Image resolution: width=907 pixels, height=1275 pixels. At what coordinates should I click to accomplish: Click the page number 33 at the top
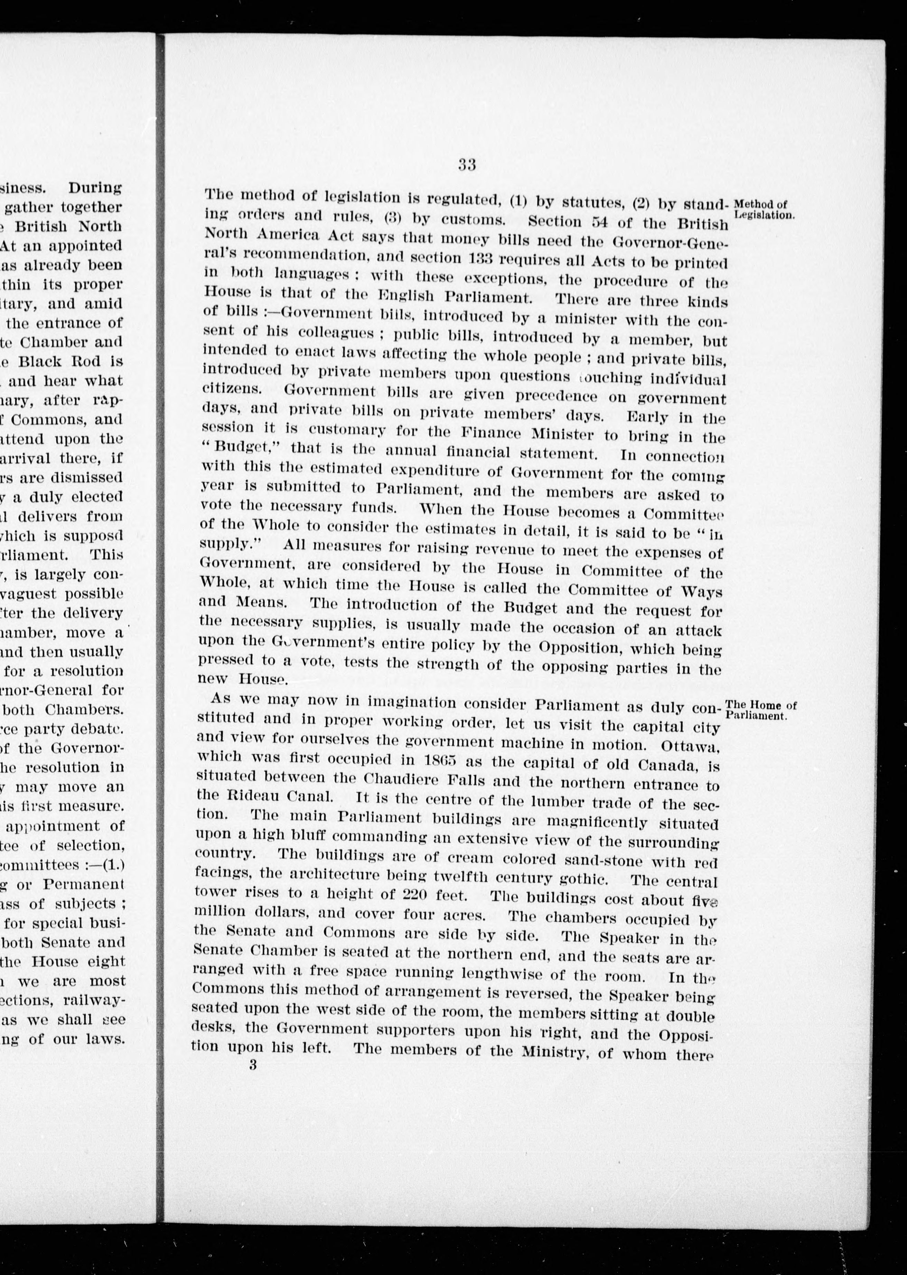coord(466,165)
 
